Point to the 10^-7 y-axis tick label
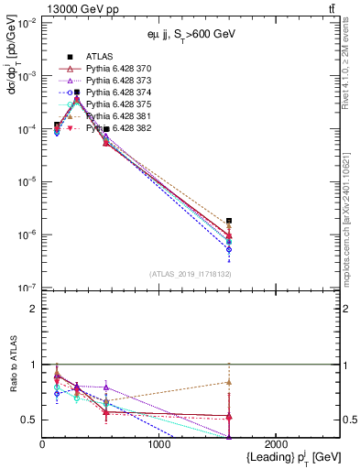[25, 288]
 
